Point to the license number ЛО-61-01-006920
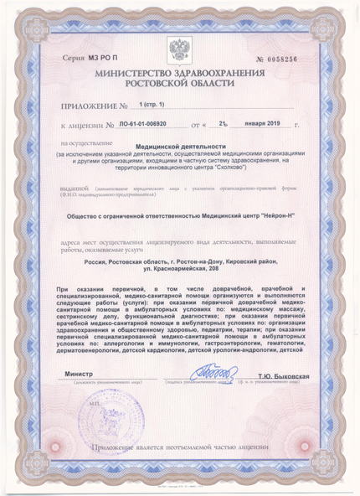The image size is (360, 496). [x=145, y=125]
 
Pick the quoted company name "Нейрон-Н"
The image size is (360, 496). [x=265, y=215]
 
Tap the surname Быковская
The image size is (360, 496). [x=288, y=376]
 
